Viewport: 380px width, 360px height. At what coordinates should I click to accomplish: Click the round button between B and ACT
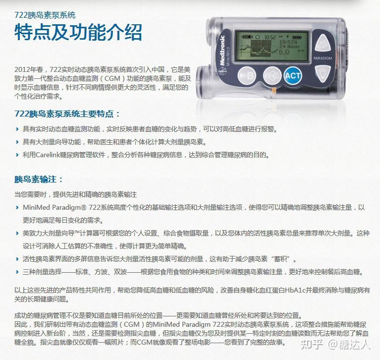click(271, 75)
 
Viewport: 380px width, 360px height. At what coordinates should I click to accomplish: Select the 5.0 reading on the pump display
click(283, 51)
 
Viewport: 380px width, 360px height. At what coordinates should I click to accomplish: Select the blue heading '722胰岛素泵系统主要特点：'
click(67, 114)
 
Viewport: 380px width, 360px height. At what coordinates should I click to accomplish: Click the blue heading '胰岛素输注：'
click(39, 179)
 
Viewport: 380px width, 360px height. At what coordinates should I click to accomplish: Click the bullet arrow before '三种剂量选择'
click(17, 272)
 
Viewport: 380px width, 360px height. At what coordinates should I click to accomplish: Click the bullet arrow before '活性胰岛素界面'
click(17, 259)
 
